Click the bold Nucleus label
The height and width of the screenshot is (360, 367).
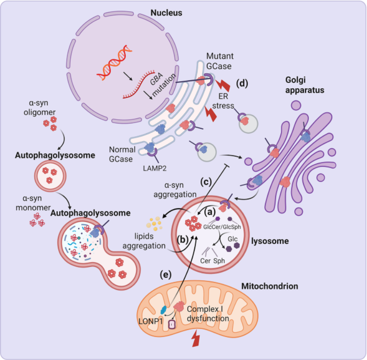(166, 13)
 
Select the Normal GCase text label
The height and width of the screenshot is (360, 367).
(121, 154)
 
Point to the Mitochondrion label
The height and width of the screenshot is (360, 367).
(269, 286)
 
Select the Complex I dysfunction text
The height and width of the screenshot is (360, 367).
(208, 314)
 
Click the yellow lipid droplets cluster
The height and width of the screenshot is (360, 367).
(155, 224)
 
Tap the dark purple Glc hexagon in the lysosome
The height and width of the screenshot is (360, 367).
(229, 249)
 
